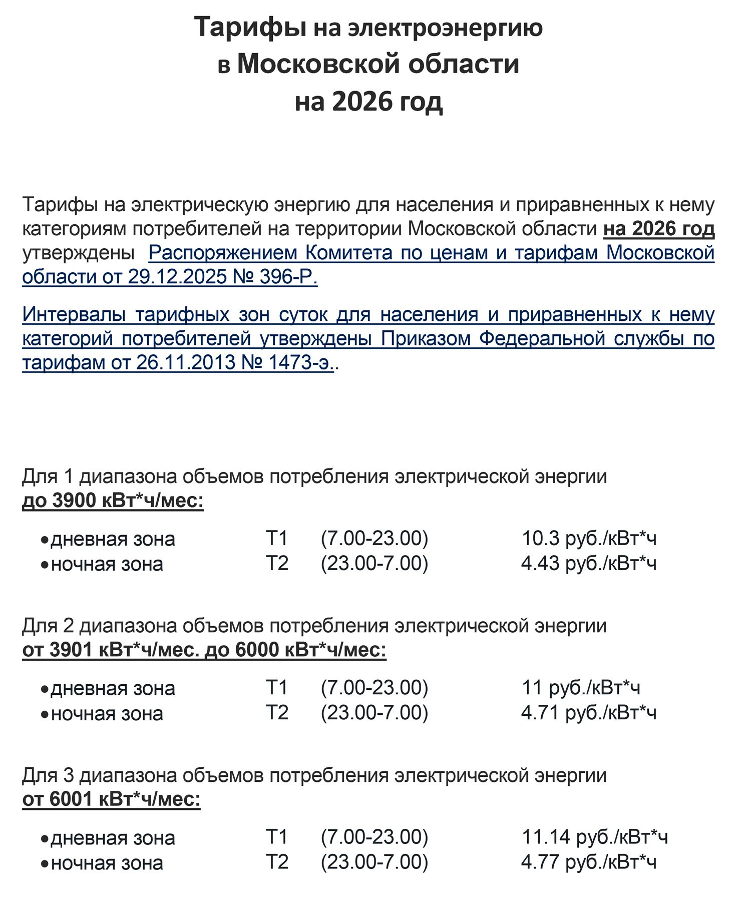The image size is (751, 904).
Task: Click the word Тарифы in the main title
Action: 250,28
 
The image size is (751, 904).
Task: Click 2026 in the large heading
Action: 362,102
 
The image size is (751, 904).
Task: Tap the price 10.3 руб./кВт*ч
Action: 589,538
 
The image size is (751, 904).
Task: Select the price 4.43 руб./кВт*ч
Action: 589,563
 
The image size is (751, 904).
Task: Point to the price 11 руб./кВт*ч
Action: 581,687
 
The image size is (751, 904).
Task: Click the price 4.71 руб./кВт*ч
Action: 589,712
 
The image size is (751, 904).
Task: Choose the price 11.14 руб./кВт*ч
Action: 594,836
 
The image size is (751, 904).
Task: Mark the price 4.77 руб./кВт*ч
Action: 589,861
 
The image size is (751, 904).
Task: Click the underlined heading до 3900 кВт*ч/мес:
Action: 113,500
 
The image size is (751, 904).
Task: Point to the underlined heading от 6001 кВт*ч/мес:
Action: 111,799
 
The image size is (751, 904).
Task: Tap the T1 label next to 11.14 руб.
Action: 277,836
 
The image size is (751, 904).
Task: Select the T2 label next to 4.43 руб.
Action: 277,563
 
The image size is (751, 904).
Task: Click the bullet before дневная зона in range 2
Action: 45,689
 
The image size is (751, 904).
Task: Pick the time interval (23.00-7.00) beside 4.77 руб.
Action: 374,861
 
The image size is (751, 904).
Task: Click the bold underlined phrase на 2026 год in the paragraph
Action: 658,229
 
